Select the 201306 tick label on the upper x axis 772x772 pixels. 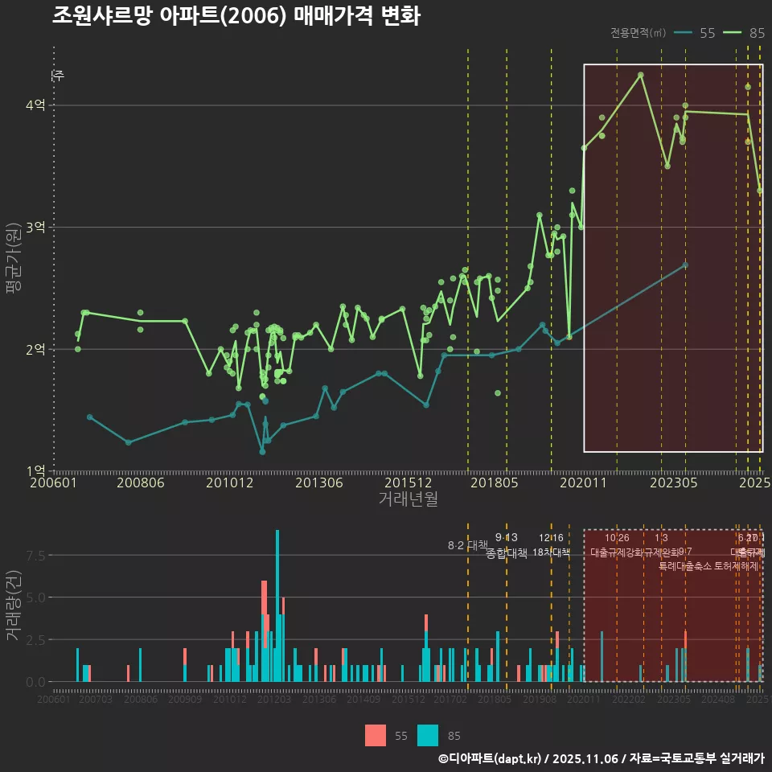click(318, 483)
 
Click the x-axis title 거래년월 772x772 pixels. click(408, 499)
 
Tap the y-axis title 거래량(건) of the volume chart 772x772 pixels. click(14, 606)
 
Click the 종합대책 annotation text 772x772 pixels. click(507, 552)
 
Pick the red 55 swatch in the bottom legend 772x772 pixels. click(375, 735)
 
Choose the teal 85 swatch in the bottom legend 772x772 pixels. click(428, 735)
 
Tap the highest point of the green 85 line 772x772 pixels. click(641, 75)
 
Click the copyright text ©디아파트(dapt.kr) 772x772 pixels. click(491, 758)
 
